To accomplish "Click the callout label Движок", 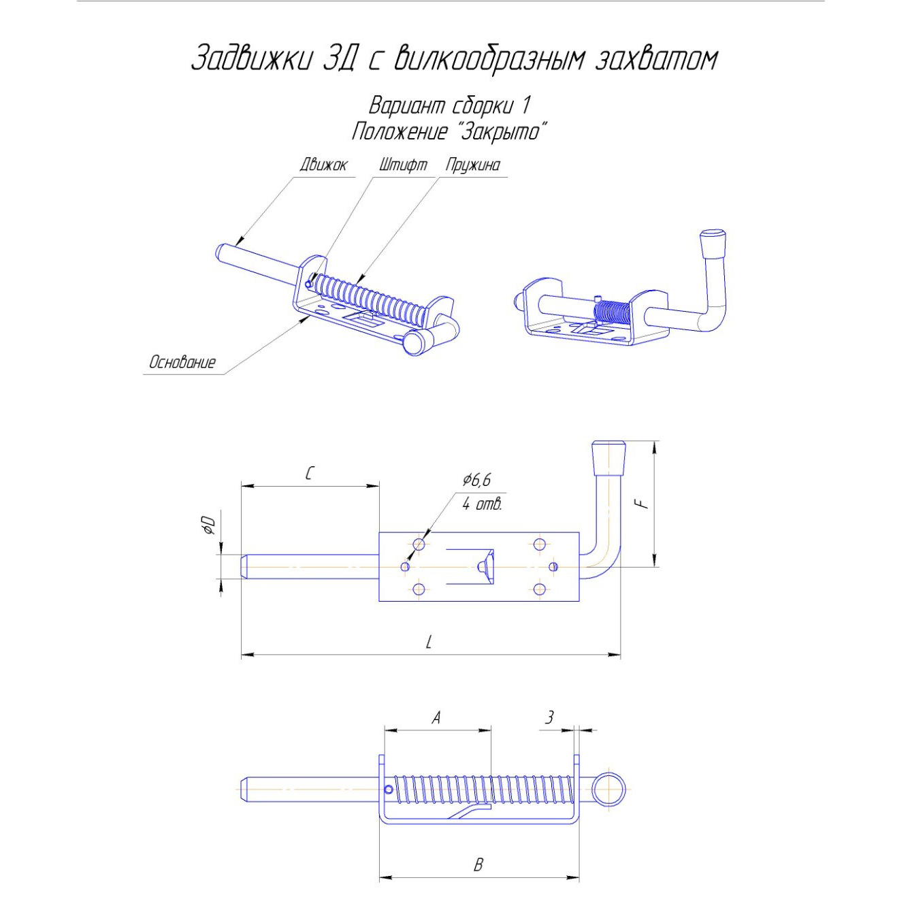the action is click(x=323, y=165).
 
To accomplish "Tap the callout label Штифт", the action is click(x=402, y=165).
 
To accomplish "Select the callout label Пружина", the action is click(x=473, y=166).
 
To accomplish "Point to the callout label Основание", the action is click(x=182, y=362).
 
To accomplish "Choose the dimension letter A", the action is click(x=436, y=718).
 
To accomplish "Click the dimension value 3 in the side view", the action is click(x=549, y=718).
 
